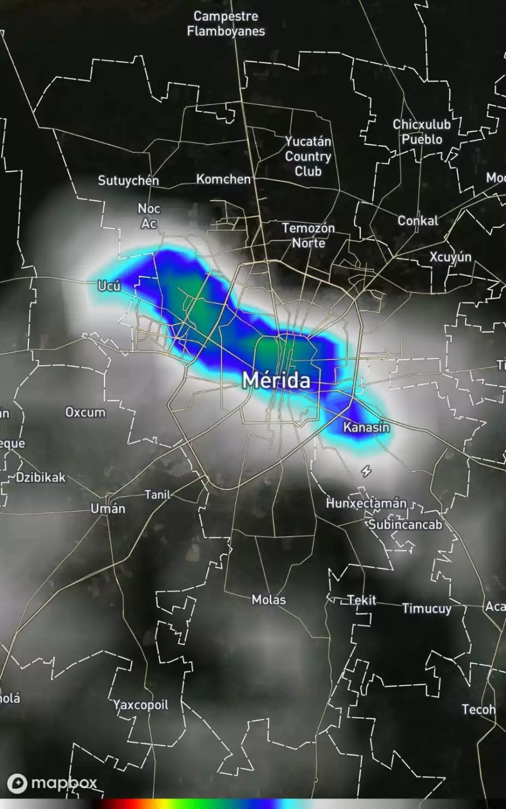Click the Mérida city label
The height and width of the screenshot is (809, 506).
(x=276, y=380)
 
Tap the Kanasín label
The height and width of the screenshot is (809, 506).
(x=366, y=427)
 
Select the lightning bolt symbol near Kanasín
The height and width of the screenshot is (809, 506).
(x=366, y=471)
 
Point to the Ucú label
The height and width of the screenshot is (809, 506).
(x=109, y=285)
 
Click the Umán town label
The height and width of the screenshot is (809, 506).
(x=108, y=508)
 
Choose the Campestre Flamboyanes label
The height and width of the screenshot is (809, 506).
(x=226, y=24)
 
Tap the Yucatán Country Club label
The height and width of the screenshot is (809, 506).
(x=308, y=156)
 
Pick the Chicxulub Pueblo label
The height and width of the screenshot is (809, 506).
(x=422, y=131)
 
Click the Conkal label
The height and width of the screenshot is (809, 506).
(x=418, y=220)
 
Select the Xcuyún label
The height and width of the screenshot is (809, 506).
(x=450, y=256)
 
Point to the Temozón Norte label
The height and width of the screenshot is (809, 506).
(x=309, y=235)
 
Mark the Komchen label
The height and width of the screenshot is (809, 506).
(x=224, y=179)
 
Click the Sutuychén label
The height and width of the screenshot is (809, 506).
(x=129, y=181)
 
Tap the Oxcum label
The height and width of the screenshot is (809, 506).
(x=86, y=412)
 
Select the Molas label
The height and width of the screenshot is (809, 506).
(x=268, y=600)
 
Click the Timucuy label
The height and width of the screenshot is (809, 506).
(x=426, y=608)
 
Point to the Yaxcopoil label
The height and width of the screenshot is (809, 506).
(x=141, y=705)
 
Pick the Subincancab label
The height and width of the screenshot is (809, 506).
(x=405, y=524)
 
